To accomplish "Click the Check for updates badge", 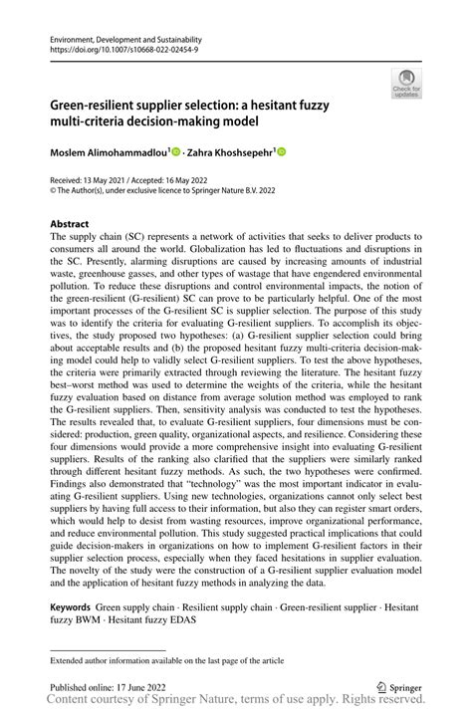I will click(x=405, y=83).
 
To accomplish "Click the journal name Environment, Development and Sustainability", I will click(x=116, y=37).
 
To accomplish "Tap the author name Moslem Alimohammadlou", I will click(x=110, y=152).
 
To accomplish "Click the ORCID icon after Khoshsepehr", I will click(x=281, y=152).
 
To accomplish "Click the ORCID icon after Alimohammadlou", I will click(x=176, y=152).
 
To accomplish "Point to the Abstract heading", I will click(x=69, y=224).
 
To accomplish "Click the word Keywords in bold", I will click(x=71, y=605).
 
